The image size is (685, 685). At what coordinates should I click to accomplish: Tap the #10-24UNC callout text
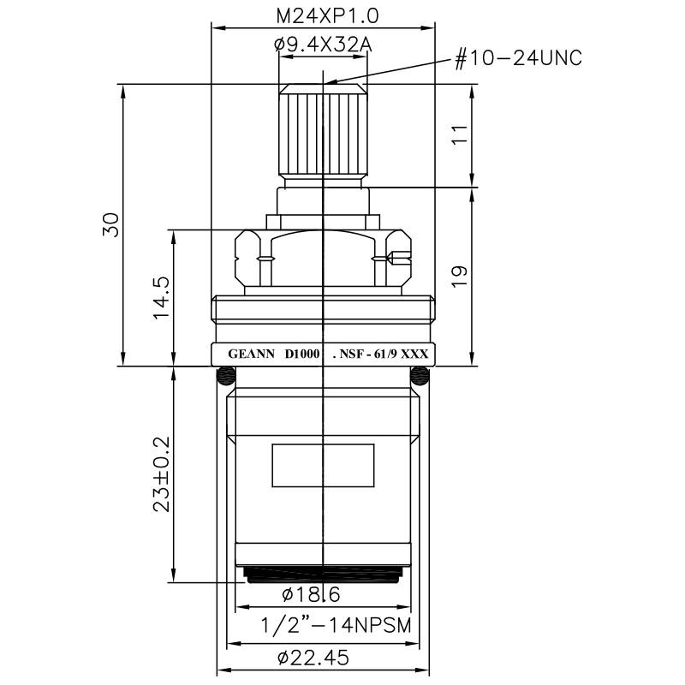pyautogui.click(x=518, y=58)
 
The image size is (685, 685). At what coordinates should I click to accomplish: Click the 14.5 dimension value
pyautogui.click(x=160, y=297)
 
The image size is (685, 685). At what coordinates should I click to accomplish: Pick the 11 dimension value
pyautogui.click(x=459, y=135)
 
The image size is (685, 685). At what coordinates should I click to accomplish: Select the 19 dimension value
pyautogui.click(x=459, y=277)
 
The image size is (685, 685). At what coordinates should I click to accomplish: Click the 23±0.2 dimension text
pyautogui.click(x=160, y=474)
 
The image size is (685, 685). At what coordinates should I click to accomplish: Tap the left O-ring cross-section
pyautogui.click(x=226, y=374)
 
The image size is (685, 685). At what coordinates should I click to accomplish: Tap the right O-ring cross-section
pyautogui.click(x=419, y=374)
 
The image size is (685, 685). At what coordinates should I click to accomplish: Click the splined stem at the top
pyautogui.click(x=322, y=128)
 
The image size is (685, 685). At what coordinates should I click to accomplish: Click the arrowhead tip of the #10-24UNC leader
pyautogui.click(x=326, y=84)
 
